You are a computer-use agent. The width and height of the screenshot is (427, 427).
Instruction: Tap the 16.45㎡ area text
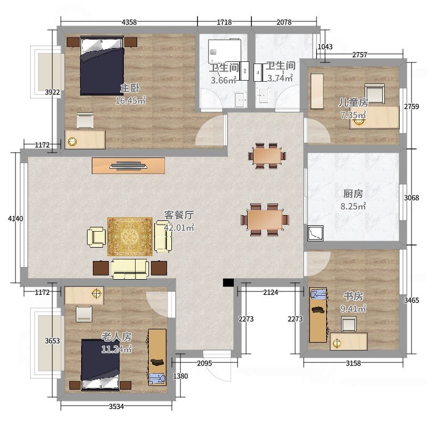point(130,100)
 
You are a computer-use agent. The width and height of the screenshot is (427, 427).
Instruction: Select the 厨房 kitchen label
point(353,194)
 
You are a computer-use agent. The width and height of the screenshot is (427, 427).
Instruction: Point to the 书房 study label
point(353,296)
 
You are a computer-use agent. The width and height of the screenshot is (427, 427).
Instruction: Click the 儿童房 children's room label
point(353,102)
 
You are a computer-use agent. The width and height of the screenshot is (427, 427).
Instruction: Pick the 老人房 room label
point(116,337)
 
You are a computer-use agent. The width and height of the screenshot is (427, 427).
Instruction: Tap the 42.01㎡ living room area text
point(179,227)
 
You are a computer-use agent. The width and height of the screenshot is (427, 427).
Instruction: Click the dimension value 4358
point(129,22)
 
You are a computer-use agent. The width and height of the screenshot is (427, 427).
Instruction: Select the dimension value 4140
point(15,218)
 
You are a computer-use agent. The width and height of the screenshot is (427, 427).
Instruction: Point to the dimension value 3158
point(353,363)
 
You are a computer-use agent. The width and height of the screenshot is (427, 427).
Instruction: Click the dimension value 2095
point(204,363)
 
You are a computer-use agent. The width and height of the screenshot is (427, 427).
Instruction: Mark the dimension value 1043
point(325,47)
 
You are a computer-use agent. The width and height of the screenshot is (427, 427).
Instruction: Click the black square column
point(228,283)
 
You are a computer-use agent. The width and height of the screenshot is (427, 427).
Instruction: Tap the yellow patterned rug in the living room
point(130,236)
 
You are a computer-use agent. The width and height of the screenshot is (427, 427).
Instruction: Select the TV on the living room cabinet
point(129,165)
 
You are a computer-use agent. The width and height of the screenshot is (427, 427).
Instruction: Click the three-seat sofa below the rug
point(130,269)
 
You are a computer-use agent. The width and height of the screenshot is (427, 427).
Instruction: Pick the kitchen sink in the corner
point(315,233)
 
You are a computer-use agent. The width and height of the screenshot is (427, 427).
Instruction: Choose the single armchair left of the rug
point(97,238)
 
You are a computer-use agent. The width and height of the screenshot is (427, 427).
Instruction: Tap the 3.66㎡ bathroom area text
point(223,81)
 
